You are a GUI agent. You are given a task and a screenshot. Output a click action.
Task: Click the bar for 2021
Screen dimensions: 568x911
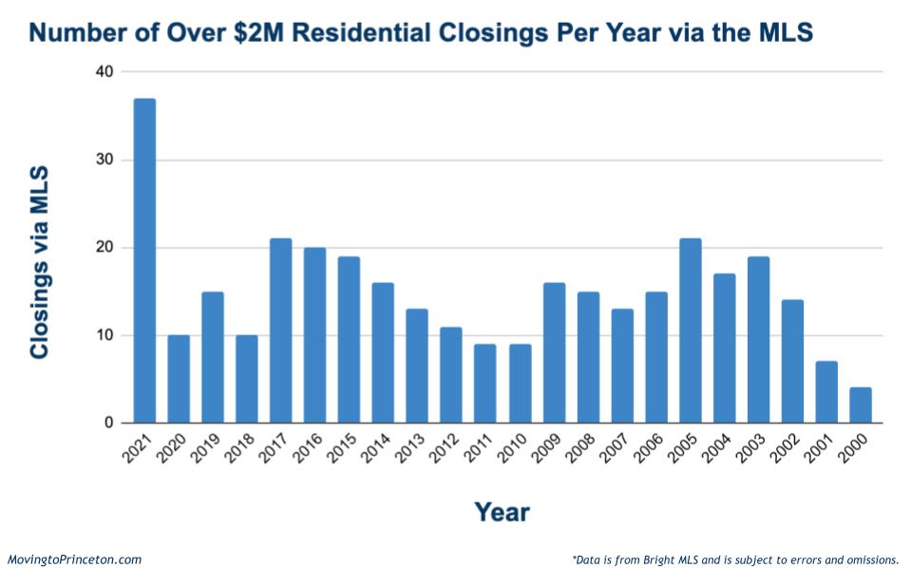coord(144,261)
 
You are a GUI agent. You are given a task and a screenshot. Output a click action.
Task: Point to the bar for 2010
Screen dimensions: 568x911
coord(520,384)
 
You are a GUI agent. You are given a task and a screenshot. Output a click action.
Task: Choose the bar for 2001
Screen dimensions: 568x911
coord(826,392)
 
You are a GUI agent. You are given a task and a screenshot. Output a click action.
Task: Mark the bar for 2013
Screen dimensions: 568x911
coord(417,366)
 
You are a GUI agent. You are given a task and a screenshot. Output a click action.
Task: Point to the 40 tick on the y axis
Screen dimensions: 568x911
coord(104,72)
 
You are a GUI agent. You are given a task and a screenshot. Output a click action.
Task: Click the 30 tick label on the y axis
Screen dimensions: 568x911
coord(104,160)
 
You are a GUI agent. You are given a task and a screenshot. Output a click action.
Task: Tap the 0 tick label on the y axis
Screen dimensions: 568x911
coord(108,424)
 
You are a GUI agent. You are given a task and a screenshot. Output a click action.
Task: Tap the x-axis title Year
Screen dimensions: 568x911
coord(502,513)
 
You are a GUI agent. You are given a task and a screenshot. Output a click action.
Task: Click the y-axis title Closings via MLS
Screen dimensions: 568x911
coord(39,262)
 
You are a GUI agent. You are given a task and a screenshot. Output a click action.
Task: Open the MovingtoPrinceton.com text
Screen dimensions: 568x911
coord(75,559)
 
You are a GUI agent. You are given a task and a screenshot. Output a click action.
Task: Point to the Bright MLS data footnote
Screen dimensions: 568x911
coord(735,559)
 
